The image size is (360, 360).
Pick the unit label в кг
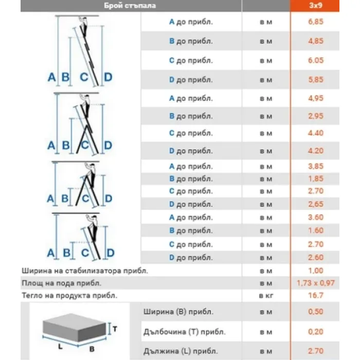(x=265, y=296)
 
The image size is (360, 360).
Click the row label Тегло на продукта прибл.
(x=69, y=295)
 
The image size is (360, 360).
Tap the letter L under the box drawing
(x=60, y=346)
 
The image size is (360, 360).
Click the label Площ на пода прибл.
(x=61, y=283)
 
